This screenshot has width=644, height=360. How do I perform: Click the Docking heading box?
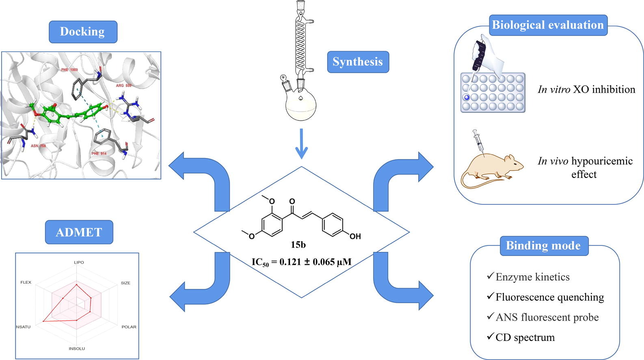(x=83, y=32)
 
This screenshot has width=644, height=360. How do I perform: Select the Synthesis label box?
(x=358, y=62)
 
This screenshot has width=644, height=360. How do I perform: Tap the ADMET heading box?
(x=79, y=232)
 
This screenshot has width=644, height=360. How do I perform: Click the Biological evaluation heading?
(x=548, y=25)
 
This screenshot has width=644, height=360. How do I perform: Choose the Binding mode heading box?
(x=543, y=245)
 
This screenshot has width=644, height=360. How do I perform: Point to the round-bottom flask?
(x=300, y=104)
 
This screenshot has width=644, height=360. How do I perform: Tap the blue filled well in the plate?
(x=467, y=97)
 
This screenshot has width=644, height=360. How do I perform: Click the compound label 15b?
(x=298, y=245)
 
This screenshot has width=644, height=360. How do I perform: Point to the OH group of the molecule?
(x=355, y=236)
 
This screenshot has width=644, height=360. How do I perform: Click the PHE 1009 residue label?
(x=69, y=70)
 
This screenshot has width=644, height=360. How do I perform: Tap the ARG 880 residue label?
(x=123, y=86)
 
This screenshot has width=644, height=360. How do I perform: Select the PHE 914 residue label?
(x=99, y=154)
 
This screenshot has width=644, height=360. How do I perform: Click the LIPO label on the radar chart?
(x=79, y=262)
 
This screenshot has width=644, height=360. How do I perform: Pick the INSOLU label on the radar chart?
(x=77, y=349)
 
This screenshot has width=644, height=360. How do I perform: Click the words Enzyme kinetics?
(x=532, y=277)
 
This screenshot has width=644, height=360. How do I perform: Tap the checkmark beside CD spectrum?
(x=490, y=337)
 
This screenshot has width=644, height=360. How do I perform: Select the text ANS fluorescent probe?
(x=547, y=317)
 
